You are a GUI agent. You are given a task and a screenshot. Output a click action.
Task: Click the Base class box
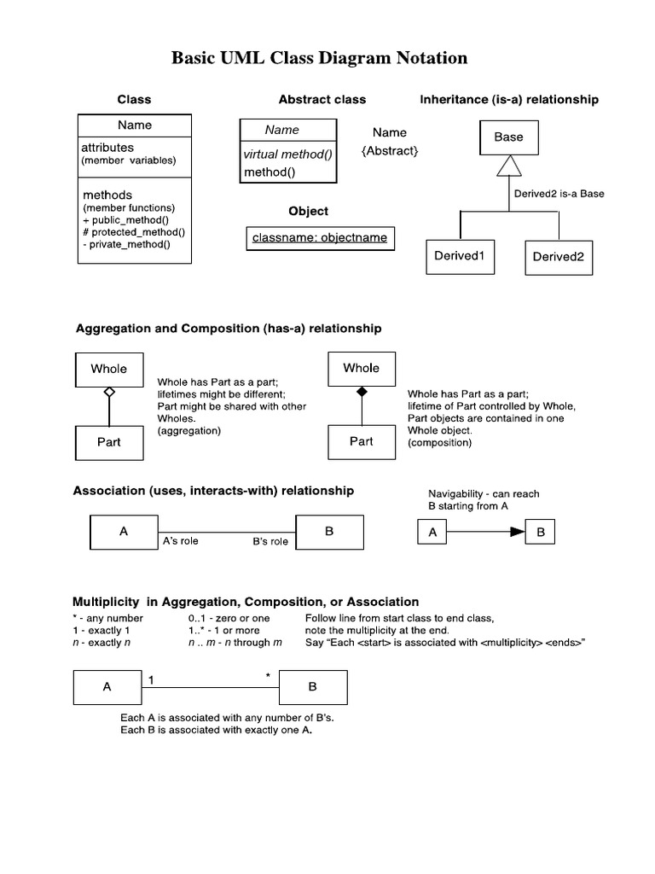click(x=508, y=137)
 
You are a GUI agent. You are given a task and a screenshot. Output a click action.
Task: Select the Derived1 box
click(x=459, y=256)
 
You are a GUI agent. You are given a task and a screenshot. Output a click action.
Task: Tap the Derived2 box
click(x=559, y=257)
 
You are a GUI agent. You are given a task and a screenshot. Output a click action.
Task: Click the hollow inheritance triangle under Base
click(x=508, y=165)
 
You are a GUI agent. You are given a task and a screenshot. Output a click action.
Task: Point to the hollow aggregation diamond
click(x=109, y=392)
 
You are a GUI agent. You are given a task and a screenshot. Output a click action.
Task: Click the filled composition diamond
click(x=362, y=391)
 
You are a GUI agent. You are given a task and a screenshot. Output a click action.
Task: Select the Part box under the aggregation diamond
click(x=109, y=442)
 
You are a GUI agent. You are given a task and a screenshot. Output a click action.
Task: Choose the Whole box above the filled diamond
click(x=362, y=368)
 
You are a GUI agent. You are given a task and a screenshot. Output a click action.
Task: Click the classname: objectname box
click(x=319, y=238)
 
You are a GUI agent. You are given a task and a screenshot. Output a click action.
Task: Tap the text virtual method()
click(x=288, y=154)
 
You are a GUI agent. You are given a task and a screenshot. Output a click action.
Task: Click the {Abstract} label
click(x=390, y=150)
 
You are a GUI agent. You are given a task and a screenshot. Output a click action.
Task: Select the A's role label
click(x=180, y=541)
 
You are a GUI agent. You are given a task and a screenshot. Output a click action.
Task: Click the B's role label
click(x=270, y=542)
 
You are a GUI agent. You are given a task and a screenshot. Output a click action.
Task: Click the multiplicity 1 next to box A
click(x=151, y=679)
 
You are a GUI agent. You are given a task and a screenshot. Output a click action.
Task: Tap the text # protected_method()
click(x=134, y=231)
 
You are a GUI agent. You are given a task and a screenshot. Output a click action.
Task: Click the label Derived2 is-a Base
click(x=559, y=194)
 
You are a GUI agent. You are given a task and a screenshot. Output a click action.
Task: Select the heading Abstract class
click(x=322, y=100)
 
